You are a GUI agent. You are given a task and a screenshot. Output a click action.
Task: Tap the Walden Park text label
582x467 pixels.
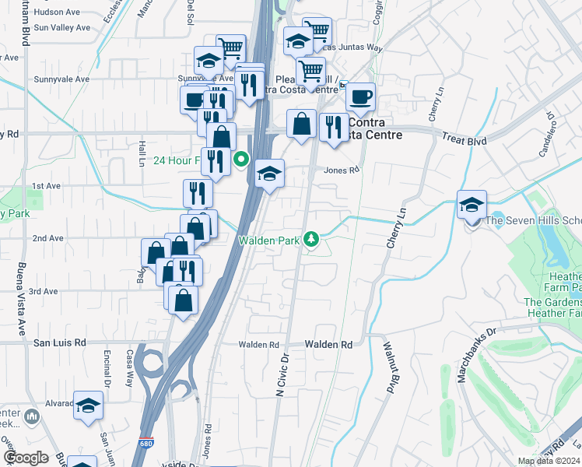point(269,241)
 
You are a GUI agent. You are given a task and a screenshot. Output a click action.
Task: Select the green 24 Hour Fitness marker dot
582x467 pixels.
point(242,161)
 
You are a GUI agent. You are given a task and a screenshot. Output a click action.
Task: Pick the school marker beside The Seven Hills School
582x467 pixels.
point(472,206)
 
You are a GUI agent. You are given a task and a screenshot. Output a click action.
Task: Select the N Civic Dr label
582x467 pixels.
point(282,377)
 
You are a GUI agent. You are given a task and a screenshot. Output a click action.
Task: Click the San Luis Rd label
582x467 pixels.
point(58,342)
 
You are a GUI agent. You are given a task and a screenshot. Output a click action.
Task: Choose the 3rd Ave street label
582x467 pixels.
point(44,291)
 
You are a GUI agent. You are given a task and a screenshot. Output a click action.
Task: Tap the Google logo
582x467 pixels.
point(25,458)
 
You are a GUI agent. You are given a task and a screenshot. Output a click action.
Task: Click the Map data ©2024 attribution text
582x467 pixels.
point(549,461)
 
